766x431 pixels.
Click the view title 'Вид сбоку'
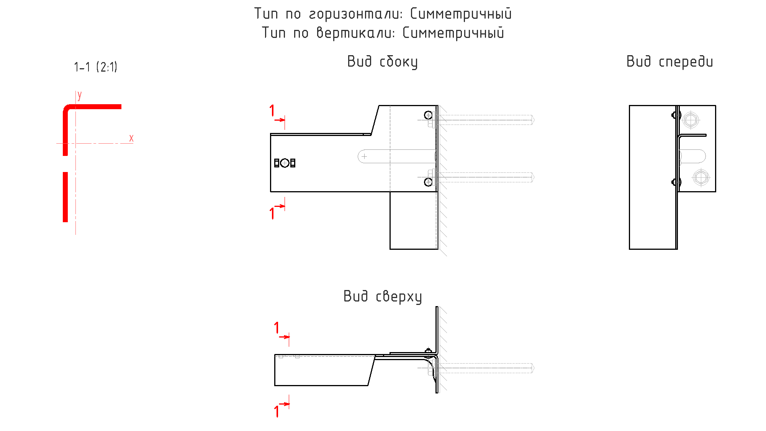coord(382,62)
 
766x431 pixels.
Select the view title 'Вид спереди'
coord(669,62)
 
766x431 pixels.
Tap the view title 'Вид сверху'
coord(382,297)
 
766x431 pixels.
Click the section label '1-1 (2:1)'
coord(95,67)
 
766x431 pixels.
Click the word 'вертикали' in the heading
coord(355,33)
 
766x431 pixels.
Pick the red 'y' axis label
coord(80,95)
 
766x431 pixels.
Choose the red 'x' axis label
coord(131,138)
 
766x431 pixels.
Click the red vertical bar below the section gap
coord(65,197)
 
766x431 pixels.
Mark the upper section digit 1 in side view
coord(272,110)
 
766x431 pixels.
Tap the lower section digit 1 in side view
coord(272,213)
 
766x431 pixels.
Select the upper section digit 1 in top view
coord(277,328)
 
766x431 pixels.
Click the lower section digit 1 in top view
coord(277,411)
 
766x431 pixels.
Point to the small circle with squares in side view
coord(285,163)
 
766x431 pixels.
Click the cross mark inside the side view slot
coord(364,156)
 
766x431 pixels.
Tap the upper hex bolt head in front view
coord(691,120)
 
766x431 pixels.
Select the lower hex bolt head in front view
coord(701,177)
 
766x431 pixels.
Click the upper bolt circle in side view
coord(428,115)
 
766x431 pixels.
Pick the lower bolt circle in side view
coord(428,182)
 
